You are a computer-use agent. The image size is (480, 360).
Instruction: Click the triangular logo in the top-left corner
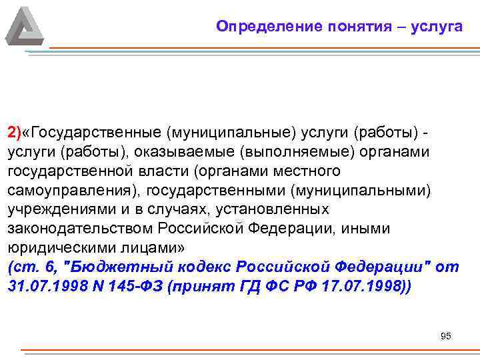pyautogui.click(x=25, y=26)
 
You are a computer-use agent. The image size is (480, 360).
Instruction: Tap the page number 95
pyautogui.click(x=446, y=336)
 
